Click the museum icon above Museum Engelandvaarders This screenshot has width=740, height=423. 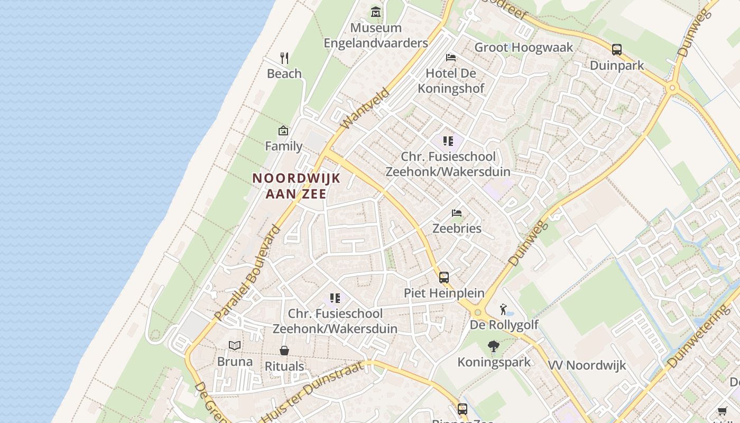(375, 12)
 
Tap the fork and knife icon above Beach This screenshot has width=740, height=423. (284, 58)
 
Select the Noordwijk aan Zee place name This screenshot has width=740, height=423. (296, 186)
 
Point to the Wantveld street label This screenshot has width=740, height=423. (365, 109)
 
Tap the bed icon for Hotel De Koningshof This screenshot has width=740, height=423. (451, 57)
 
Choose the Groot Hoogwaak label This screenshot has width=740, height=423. (523, 47)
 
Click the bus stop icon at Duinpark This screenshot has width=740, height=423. (616, 50)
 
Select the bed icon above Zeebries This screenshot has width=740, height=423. (457, 213)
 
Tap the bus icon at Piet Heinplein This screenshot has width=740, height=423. (444, 277)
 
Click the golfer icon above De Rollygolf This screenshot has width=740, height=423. (503, 309)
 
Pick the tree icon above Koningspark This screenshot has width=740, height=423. (494, 346)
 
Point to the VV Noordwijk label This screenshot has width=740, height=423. (587, 365)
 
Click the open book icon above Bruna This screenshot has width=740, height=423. (235, 346)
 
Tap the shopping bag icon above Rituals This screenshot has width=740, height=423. (284, 351)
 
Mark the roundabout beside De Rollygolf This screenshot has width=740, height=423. (478, 312)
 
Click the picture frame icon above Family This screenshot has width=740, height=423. (283, 131)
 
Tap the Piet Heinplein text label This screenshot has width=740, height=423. (444, 292)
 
